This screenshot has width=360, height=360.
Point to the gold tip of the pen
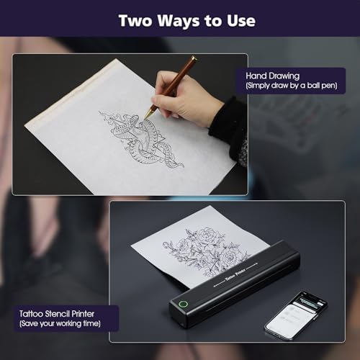pyautogui.click(x=149, y=111)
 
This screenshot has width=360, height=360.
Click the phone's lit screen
pyautogui.click(x=300, y=312)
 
